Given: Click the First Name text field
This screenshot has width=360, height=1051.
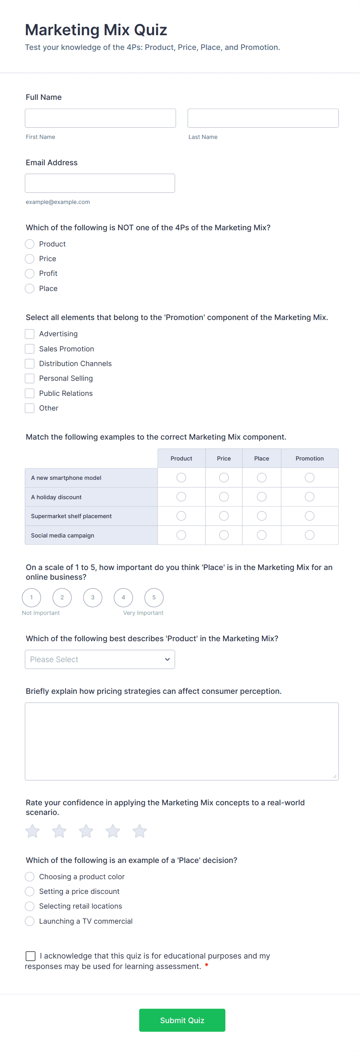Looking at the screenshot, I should click(x=100, y=118).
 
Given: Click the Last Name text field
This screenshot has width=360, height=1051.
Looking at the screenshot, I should click(x=263, y=118).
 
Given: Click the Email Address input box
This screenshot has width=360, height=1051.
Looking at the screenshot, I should click(x=99, y=183).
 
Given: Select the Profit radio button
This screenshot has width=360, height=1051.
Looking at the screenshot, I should click(x=29, y=273).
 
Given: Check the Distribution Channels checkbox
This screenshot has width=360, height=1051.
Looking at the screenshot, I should click(x=29, y=363).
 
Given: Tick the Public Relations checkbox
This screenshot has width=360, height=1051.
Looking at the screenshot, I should click(x=29, y=393).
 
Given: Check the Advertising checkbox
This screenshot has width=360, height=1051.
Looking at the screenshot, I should click(x=29, y=334).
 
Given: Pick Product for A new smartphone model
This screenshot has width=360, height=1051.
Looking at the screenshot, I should click(x=181, y=478).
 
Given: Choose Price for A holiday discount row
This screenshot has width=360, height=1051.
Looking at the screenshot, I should click(x=224, y=496).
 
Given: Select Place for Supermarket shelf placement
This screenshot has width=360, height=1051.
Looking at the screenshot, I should click(x=262, y=516).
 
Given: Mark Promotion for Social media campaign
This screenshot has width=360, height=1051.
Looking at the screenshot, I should click(x=309, y=535).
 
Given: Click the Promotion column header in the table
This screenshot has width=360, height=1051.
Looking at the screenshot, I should click(x=309, y=458).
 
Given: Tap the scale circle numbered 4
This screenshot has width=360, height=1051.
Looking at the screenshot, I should click(x=123, y=597).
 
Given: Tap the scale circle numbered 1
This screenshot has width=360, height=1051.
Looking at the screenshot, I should click(x=31, y=597).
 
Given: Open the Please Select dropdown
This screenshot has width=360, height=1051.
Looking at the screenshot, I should click(x=99, y=659).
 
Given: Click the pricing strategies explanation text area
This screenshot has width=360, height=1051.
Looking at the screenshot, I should click(x=181, y=741).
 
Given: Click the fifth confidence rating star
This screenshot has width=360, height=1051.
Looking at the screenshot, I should click(x=140, y=831).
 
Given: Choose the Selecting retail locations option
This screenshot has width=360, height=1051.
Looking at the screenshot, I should click(x=29, y=906).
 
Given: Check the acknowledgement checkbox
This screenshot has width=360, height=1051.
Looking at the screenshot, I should click(x=30, y=956).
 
